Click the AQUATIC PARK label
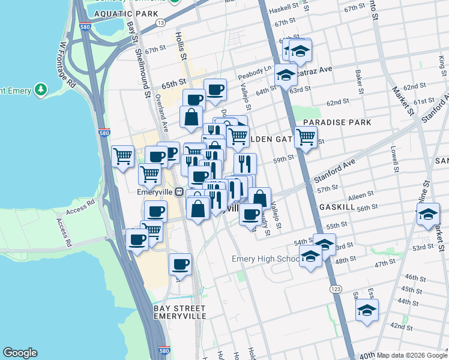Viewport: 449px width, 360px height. tap(126, 13)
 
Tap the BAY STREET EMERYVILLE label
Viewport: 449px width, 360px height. tap(179, 312)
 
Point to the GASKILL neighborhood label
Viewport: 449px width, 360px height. tap(339, 205)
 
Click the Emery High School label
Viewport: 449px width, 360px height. tap(266, 259)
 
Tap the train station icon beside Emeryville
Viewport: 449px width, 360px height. tap(179, 192)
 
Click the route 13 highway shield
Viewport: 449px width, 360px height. tap(160, 22)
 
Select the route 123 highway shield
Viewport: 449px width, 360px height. tap(333, 289)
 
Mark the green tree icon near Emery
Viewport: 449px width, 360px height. tap(41, 90)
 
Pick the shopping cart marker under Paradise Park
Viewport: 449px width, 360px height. tap(306, 137)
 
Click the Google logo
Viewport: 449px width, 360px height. tap(20, 352)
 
